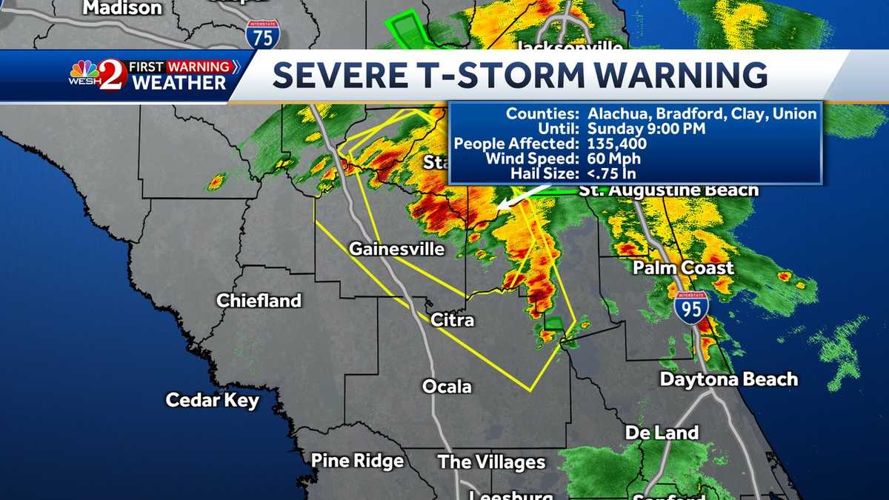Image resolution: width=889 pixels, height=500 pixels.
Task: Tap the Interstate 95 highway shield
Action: pos(690,306)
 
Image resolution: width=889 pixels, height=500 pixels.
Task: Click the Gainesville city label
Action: pos(396,249)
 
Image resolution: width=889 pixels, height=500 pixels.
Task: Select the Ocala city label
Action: pos(447,386)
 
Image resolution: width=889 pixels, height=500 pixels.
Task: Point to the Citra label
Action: pos(453,320)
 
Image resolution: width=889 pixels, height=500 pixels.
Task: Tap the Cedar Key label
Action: pos(212,401)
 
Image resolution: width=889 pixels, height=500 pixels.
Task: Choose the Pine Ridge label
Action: pos(357,461)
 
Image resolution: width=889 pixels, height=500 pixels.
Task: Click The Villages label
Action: pos(491,463)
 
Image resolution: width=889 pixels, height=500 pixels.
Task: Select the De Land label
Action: pos(662,433)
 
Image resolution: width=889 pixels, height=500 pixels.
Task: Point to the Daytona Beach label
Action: pos(729,379)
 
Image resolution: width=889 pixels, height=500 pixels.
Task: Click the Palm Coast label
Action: pos(683,267)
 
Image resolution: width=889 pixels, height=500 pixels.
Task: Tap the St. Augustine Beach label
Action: pos(669,190)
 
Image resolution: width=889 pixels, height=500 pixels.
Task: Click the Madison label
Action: pos(122,8)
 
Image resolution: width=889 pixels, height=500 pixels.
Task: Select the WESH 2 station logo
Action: pos(98,75)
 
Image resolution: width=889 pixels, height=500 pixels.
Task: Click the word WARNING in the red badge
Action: pos(199,67)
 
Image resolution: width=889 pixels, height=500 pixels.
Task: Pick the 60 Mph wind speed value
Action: pos(614,159)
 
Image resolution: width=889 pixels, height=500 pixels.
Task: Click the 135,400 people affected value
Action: pos(617,144)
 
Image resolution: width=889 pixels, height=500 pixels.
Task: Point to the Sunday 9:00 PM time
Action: pos(646,129)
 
